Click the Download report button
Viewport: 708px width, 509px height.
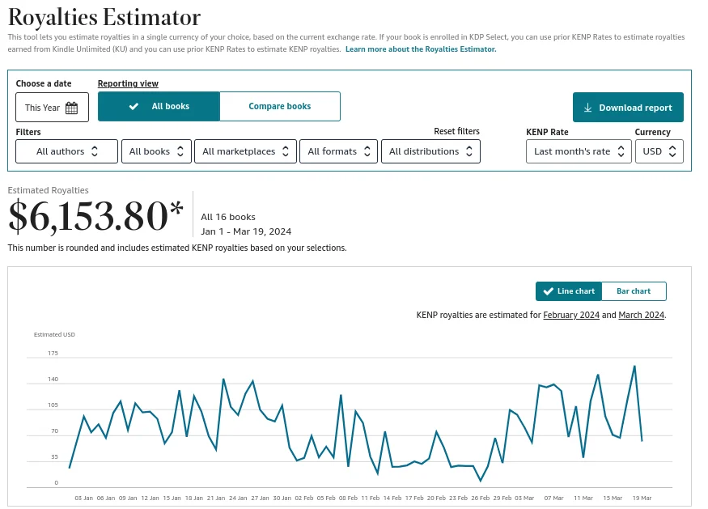coord(628,108)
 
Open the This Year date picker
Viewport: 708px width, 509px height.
coord(52,108)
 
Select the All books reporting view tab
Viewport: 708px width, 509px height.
coord(159,107)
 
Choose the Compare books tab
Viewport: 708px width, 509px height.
coord(279,107)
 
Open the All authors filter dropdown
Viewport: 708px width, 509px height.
coord(67,151)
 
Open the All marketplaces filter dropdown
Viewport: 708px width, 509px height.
coord(246,151)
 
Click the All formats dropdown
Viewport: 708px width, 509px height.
coord(339,151)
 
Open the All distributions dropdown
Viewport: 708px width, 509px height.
coord(430,151)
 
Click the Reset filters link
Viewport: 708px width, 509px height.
coord(456,131)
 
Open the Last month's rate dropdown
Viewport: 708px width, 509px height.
coord(579,151)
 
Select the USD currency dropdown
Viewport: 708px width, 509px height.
coord(659,151)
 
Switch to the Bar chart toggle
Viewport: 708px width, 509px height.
coord(634,291)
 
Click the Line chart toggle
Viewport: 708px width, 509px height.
coord(569,291)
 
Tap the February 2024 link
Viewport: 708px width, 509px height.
coord(570,315)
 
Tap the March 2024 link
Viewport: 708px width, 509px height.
coord(641,315)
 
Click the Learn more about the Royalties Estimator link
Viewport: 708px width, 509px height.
coord(421,49)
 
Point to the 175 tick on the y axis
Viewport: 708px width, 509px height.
coord(53,354)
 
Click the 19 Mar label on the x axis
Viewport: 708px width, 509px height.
coord(642,498)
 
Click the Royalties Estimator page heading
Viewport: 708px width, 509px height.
coord(104,16)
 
